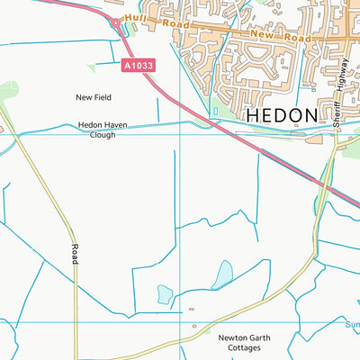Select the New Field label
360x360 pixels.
94,95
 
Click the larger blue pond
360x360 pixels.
221,274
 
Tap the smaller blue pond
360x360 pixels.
165,293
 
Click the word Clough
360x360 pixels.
109,138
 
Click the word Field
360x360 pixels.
104,95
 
